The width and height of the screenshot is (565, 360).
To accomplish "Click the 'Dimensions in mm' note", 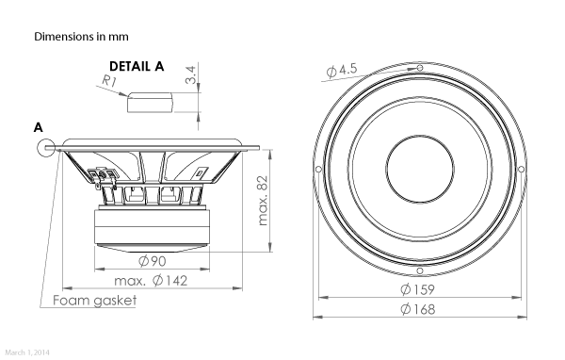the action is (x=81, y=37).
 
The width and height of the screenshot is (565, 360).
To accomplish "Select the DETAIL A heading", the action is (x=137, y=66).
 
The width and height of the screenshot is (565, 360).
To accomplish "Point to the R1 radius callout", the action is (x=109, y=81).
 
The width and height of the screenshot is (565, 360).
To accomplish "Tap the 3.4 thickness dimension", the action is (x=190, y=74).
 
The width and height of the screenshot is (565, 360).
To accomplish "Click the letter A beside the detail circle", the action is (x=39, y=127).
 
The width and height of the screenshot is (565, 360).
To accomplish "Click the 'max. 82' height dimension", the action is (x=264, y=201).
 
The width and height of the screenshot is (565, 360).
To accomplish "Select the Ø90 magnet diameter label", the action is (x=152, y=261).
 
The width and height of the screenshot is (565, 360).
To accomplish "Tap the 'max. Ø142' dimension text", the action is (x=151, y=281).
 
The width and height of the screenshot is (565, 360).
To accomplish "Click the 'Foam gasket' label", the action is (x=95, y=300).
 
